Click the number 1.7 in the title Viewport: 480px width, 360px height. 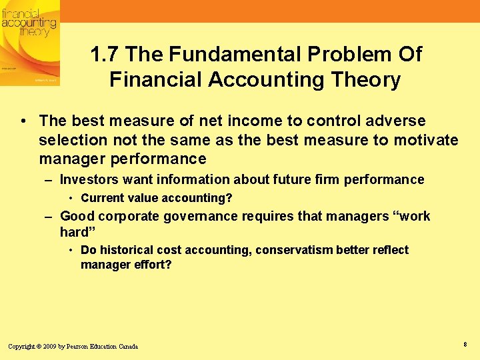pos(105,54)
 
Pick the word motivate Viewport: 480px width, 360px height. pos(427,140)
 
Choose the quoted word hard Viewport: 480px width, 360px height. pos(75,232)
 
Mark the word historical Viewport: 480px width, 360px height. pos(125,250)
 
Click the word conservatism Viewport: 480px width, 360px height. pos(294,250)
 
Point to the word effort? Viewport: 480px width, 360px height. pos(152,265)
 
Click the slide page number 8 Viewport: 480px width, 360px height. pos(464,344)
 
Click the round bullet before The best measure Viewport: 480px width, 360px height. pos(23,121)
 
